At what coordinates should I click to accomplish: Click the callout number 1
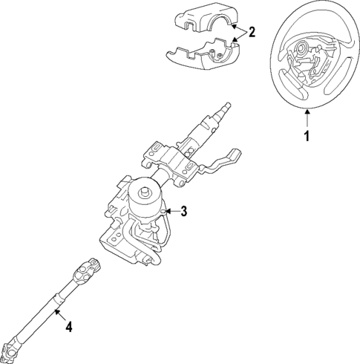(306, 136)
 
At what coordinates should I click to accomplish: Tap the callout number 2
(252, 32)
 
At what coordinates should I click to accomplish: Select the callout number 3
(184, 212)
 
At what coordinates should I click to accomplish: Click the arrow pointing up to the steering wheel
(306, 117)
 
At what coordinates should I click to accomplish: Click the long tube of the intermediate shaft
(48, 308)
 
